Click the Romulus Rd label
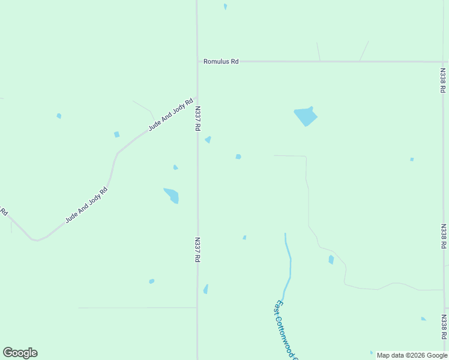(x=221, y=61)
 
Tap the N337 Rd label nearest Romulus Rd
(x=197, y=119)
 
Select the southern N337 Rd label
(x=197, y=250)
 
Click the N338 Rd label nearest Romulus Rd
(x=442, y=80)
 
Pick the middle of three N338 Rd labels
(x=443, y=236)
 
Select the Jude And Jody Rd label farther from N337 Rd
(x=87, y=205)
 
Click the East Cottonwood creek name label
(x=286, y=330)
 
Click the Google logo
(x=20, y=353)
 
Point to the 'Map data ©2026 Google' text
(x=412, y=355)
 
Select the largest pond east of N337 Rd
(x=306, y=116)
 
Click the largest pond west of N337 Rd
(x=172, y=195)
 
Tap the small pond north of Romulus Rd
(x=225, y=7)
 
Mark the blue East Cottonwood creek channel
(x=289, y=264)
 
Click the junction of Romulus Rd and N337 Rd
(x=197, y=61)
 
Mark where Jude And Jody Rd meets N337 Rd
(x=197, y=97)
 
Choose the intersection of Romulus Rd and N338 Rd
(x=443, y=62)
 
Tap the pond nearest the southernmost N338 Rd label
(x=423, y=319)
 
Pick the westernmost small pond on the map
(x=59, y=116)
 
